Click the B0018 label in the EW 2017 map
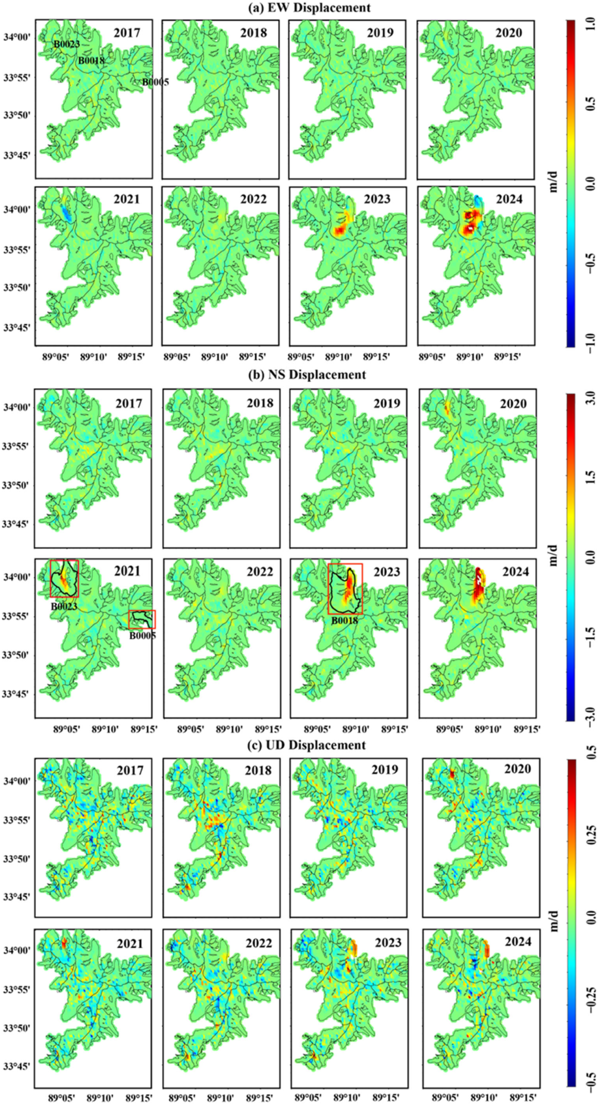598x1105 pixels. [x=91, y=61]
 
